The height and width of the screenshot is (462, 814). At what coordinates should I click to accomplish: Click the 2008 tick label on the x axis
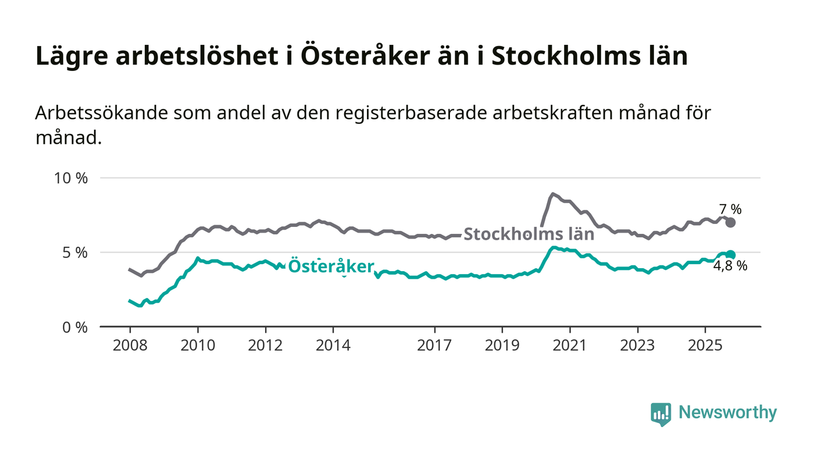pyautogui.click(x=130, y=345)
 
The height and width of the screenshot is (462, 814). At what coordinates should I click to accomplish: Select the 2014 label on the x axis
pyautogui.click(x=333, y=345)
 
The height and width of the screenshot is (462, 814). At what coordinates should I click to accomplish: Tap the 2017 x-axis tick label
pyautogui.click(x=434, y=345)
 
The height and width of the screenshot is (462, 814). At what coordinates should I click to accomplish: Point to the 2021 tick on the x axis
pyautogui.click(x=569, y=345)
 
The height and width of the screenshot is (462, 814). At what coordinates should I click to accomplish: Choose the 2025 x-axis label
pyautogui.click(x=705, y=345)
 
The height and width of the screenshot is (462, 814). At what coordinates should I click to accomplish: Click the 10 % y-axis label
pyautogui.click(x=70, y=178)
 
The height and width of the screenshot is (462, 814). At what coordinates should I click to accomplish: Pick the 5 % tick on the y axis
pyautogui.click(x=74, y=253)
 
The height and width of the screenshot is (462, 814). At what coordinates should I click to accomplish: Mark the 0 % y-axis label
pyautogui.click(x=74, y=327)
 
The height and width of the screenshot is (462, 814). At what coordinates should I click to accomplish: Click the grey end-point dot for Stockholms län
pyautogui.click(x=731, y=222)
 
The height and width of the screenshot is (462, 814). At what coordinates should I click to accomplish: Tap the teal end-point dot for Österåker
pyautogui.click(x=731, y=255)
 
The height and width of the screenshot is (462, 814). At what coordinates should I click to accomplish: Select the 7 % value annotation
pyautogui.click(x=730, y=209)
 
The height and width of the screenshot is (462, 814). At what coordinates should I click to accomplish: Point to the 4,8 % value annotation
pyautogui.click(x=730, y=267)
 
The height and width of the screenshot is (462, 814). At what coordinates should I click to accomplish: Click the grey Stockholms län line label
pyautogui.click(x=529, y=234)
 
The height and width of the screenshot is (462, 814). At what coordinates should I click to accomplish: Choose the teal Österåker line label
pyautogui.click(x=331, y=266)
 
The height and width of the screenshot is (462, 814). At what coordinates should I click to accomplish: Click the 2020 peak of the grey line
pyautogui.click(x=552, y=194)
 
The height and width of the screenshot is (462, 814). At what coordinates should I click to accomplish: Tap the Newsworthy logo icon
pyautogui.click(x=661, y=414)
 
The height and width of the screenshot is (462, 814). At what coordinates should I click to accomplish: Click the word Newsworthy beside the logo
pyautogui.click(x=727, y=413)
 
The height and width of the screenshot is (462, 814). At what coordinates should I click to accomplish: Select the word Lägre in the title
pyautogui.click(x=72, y=56)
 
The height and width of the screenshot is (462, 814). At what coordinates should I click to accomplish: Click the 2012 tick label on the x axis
pyautogui.click(x=265, y=345)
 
